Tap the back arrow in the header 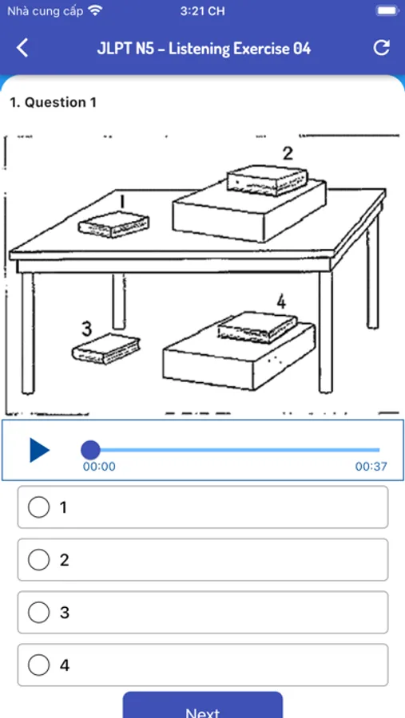pos(22,48)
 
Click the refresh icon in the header pos(382,48)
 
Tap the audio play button pos(39,450)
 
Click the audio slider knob pos(90,450)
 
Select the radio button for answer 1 pos(38,507)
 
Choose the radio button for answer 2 pos(38,559)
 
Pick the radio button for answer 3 pos(38,612)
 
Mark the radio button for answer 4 pos(38,665)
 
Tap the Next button pos(203,708)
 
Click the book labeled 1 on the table pos(113,224)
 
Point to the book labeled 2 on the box pos(268,181)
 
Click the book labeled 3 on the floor pos(106,349)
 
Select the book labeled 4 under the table pos(257,326)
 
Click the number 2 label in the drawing pos(288,153)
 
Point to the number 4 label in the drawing pos(281,302)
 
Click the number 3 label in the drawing pos(86,328)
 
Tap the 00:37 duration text pos(371,467)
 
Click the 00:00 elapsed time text pos(99,467)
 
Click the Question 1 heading pos(54,102)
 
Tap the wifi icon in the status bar pos(95,10)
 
